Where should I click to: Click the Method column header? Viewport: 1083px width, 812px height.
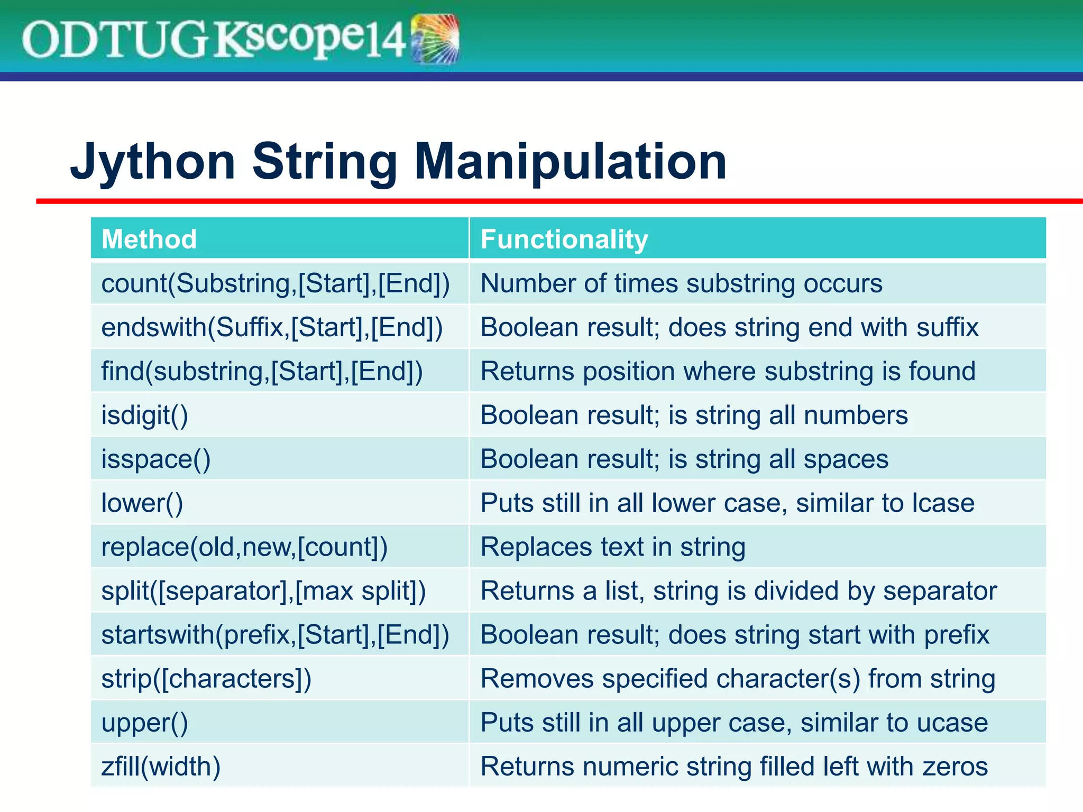149,239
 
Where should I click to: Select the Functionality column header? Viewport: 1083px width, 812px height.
564,239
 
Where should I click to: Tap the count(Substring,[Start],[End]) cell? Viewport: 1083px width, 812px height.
275,283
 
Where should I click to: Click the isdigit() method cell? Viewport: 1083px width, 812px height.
144,415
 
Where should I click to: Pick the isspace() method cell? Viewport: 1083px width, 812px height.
155,459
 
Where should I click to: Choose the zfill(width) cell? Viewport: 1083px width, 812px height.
160,766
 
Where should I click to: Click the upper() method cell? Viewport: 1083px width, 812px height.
144,722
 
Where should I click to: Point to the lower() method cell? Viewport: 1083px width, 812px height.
142,503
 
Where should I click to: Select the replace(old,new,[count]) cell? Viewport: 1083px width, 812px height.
244,547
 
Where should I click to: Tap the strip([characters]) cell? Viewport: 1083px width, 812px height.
206,678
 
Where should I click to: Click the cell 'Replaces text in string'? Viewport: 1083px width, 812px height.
612,547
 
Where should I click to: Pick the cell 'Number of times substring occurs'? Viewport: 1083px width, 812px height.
681,283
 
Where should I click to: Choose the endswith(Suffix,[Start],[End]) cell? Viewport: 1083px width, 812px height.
272,327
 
